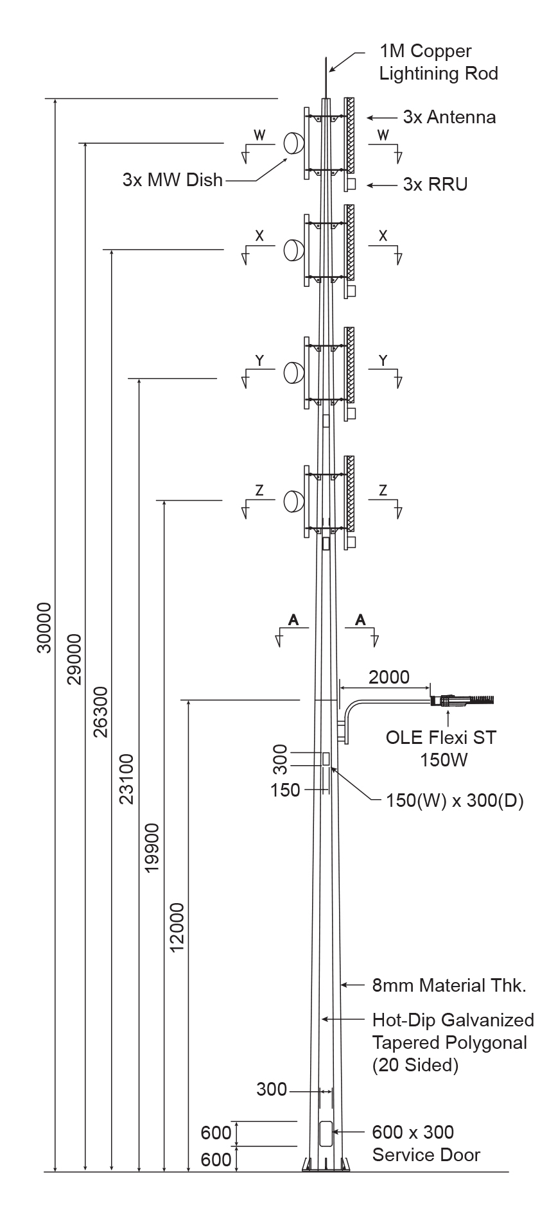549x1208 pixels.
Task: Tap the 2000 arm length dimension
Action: click(388, 677)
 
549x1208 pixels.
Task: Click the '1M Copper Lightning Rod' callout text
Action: click(439, 62)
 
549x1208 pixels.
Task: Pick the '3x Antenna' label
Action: click(449, 117)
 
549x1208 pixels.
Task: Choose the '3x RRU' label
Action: click(435, 185)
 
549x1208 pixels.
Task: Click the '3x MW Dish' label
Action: click(173, 180)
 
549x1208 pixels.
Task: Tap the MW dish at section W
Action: click(293, 143)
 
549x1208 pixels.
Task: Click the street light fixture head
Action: click(464, 700)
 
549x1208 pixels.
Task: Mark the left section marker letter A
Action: click(293, 619)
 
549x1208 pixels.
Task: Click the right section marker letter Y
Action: click(383, 361)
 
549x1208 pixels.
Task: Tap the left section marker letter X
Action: click(259, 236)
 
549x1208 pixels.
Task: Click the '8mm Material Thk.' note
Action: click(449, 985)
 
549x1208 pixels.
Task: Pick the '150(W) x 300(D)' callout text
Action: click(455, 801)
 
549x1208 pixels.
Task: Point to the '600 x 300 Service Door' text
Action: click(426, 1144)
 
